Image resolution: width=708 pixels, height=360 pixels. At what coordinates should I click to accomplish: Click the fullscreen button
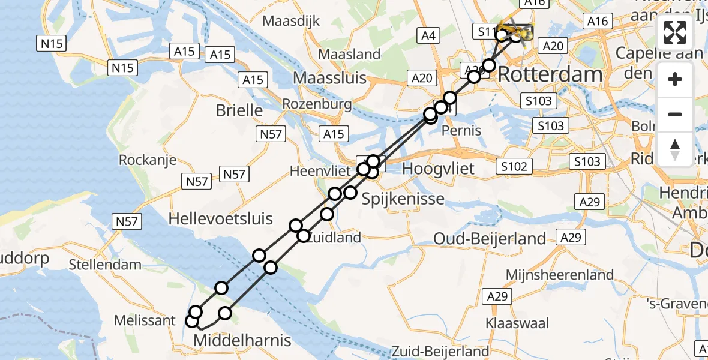[x=675, y=32]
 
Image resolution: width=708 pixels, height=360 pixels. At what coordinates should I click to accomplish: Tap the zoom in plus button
[x=675, y=79]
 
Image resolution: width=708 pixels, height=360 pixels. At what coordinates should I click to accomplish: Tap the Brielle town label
[x=239, y=110]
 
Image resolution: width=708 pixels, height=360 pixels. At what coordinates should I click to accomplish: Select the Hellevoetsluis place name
[x=221, y=219]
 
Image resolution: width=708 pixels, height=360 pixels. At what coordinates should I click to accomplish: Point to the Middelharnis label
[x=242, y=341]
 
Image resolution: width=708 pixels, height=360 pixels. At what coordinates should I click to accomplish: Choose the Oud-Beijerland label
[x=490, y=239]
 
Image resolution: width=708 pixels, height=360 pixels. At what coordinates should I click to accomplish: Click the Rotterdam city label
[x=550, y=75]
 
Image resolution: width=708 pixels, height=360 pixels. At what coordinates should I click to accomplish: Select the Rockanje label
[x=148, y=160]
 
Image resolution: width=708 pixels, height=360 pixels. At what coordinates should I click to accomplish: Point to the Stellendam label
[x=105, y=265]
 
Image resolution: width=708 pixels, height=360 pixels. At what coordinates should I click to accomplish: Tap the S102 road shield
[x=515, y=167]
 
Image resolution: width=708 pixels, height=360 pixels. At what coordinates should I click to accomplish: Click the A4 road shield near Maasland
[x=428, y=36]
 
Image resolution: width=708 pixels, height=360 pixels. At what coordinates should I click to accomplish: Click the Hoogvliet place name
[x=438, y=169]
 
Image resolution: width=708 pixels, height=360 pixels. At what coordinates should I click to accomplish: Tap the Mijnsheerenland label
[x=560, y=275]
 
